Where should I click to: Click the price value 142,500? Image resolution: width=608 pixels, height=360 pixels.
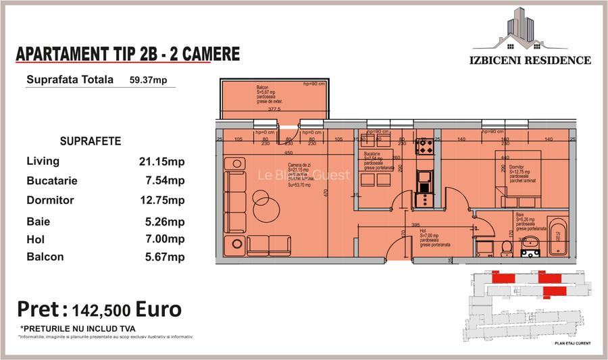point(100,310)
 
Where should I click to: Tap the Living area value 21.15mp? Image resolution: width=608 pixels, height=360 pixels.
point(161,161)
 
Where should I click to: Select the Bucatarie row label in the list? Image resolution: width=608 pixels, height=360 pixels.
point(52,181)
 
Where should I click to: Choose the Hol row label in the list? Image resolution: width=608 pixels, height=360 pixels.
point(35,239)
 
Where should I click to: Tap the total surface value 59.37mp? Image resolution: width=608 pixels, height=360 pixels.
point(148,80)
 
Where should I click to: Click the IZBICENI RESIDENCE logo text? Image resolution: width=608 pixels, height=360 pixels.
point(530,60)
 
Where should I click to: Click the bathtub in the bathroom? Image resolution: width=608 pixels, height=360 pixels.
point(558,237)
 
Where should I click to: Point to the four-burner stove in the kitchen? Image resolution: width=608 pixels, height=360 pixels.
point(425,145)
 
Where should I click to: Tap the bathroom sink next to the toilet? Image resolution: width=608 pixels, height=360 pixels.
point(530,253)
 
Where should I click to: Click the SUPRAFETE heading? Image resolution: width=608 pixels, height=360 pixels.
point(91,141)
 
